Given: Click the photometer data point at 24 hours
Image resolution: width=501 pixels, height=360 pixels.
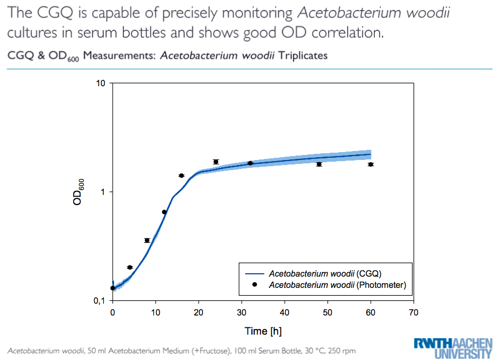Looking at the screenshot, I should (x=216, y=162).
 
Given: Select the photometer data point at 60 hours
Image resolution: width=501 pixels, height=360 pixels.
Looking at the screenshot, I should (x=371, y=164).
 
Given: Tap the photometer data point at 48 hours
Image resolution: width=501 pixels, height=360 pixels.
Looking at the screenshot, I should (x=319, y=164).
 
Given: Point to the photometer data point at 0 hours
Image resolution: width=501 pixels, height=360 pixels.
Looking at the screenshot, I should (x=113, y=288).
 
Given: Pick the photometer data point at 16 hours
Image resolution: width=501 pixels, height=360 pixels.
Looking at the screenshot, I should (x=181, y=176).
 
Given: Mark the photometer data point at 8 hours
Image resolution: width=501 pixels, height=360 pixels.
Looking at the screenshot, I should (x=147, y=241).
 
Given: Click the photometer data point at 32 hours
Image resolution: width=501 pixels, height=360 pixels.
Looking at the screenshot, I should (x=250, y=163).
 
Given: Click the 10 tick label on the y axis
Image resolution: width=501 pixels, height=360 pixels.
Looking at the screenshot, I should (x=101, y=84).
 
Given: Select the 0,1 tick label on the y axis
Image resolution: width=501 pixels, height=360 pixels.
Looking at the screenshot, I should (x=99, y=301).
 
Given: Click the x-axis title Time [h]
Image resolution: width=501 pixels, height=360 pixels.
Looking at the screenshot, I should (x=263, y=331).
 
